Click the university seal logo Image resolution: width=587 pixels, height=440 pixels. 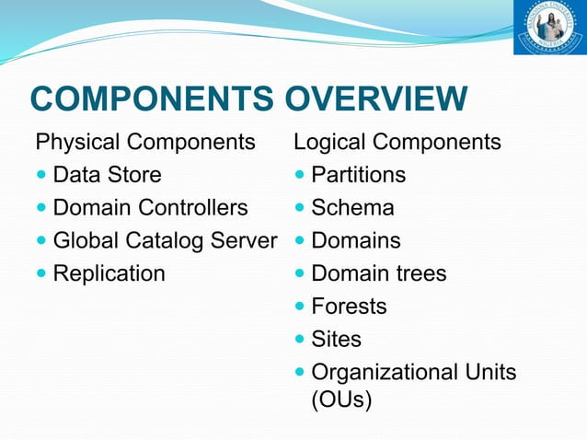click(x=548, y=28)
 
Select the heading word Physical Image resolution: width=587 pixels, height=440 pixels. click(x=77, y=143)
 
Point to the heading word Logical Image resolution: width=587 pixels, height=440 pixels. click(x=328, y=143)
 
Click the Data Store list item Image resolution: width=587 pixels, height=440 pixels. click(x=107, y=175)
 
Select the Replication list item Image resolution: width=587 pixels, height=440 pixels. click(x=109, y=273)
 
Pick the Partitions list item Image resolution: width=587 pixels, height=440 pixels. click(x=358, y=175)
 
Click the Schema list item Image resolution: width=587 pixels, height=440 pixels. click(x=352, y=208)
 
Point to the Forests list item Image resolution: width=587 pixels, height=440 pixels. click(x=349, y=307)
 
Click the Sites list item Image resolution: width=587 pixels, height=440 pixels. click(x=336, y=340)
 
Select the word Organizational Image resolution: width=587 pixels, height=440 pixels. click(x=383, y=373)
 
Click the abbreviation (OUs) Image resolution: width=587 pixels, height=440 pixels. click(x=341, y=401)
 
